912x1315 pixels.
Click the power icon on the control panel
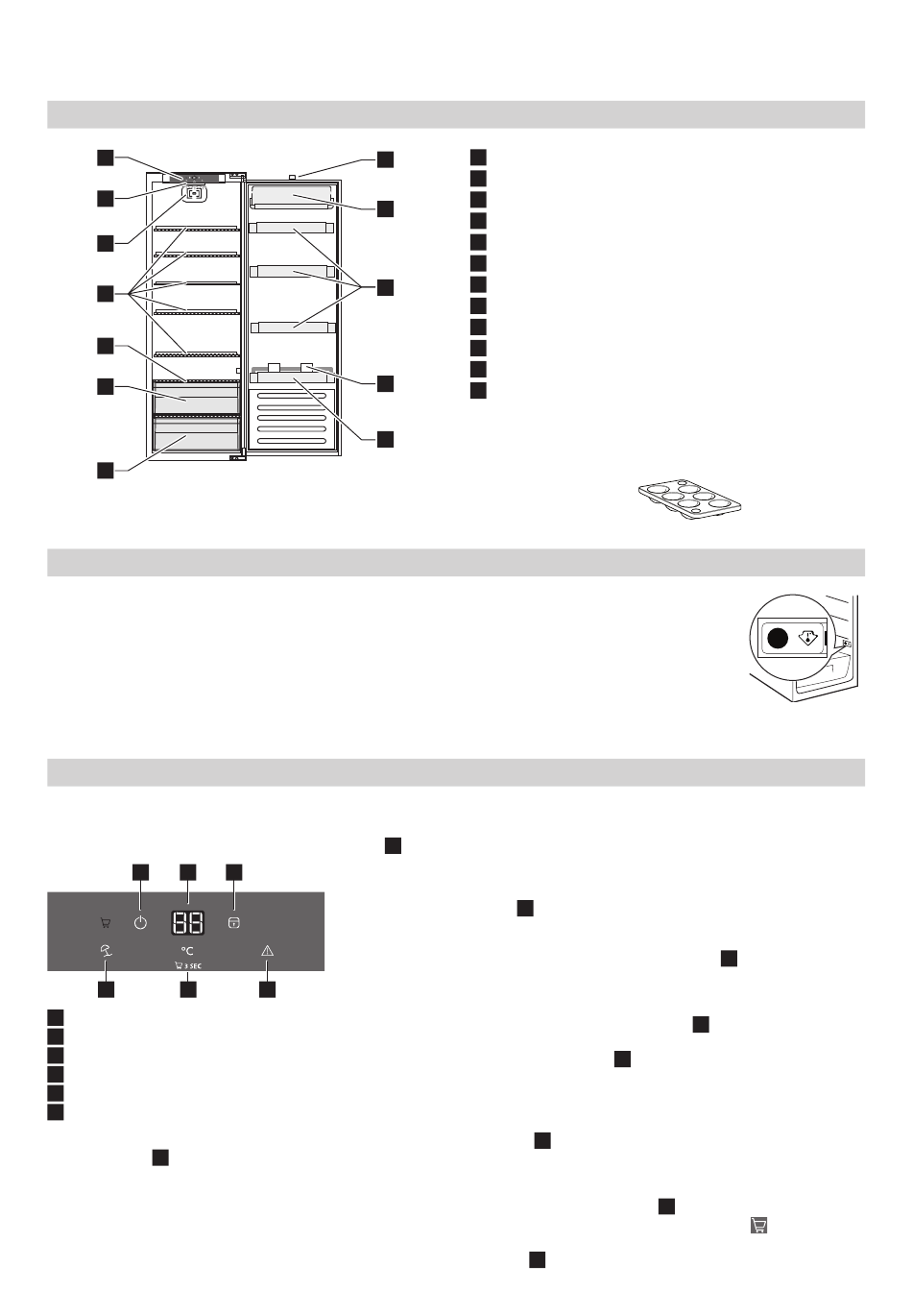pyautogui.click(x=140, y=922)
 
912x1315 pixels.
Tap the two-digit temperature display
pyautogui.click(x=188, y=922)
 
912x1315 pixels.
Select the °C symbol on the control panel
pyautogui.click(x=186, y=950)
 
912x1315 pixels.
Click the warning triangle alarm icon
pyautogui.click(x=267, y=950)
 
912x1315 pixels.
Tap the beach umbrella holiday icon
pyautogui.click(x=107, y=950)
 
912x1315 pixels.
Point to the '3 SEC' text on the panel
pyautogui.click(x=193, y=965)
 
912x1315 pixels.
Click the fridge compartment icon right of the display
pyautogui.click(x=233, y=923)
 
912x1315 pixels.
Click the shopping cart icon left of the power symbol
pyautogui.click(x=106, y=923)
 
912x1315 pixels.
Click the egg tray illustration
pyautogui.click(x=689, y=499)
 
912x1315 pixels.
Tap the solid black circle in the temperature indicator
pyautogui.click(x=778, y=638)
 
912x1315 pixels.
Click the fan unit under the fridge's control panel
pyautogui.click(x=195, y=192)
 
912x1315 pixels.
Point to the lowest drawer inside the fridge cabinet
pyautogui.click(x=196, y=434)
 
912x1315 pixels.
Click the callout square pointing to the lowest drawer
pyautogui.click(x=106, y=471)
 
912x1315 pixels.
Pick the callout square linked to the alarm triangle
pyautogui.click(x=267, y=989)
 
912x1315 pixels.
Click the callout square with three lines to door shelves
pyautogui.click(x=385, y=287)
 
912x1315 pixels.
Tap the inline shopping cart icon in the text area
pyautogui.click(x=758, y=1225)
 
